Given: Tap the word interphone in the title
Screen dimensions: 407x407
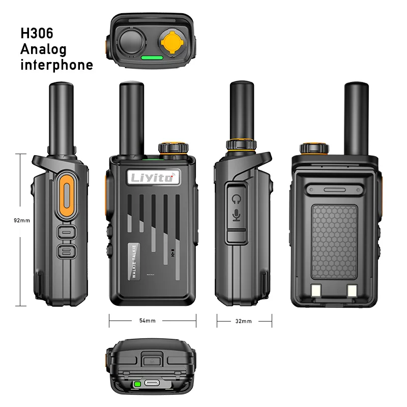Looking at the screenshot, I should tap(56, 65).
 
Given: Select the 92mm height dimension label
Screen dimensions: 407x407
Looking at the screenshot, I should tap(22, 221).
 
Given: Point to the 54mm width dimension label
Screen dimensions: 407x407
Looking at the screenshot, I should tap(148, 321).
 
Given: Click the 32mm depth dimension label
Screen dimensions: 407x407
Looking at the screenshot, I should tap(244, 321).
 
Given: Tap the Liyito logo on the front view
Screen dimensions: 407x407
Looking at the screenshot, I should tap(153, 178).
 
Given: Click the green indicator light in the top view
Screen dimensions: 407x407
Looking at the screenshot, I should tap(152, 57).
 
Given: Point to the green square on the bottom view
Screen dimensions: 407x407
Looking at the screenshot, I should tap(137, 384).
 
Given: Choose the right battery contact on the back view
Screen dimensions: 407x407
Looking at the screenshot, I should tap(352, 291).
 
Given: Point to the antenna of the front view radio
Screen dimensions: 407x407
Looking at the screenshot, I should tap(127, 117).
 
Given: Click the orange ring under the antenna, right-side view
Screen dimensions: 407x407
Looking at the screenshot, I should tap(241, 144).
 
